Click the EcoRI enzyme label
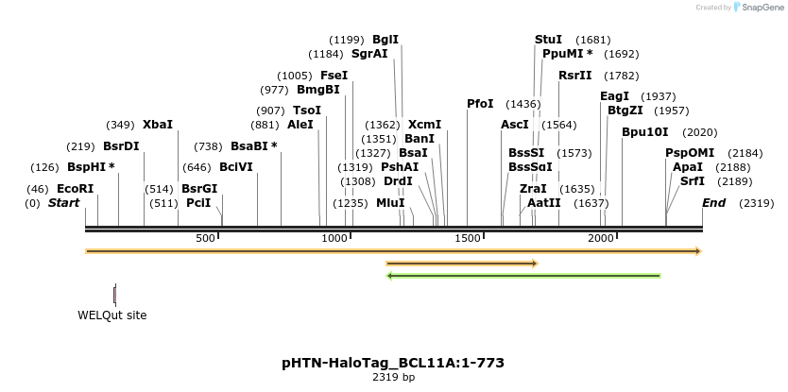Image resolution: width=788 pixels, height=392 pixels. (76, 189)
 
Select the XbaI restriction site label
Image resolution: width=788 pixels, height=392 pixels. (158, 124)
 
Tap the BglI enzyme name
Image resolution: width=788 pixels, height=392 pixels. (385, 40)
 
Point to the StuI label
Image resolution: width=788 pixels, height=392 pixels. (548, 40)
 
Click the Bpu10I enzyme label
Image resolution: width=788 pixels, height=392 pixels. (644, 132)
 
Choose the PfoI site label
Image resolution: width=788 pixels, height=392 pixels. (480, 103)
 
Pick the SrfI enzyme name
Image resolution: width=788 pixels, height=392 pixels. (693, 181)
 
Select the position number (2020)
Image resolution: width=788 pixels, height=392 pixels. (699, 132)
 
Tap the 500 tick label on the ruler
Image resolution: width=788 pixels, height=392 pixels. (206, 239)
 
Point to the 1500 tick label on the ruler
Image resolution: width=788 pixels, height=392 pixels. (469, 239)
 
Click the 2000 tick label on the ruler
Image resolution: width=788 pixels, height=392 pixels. (602, 239)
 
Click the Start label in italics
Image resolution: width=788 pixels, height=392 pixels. (63, 203)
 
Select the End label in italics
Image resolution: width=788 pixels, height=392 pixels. (713, 203)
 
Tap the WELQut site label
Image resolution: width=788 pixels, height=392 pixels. (111, 315)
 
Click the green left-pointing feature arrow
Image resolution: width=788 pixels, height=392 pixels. (523, 276)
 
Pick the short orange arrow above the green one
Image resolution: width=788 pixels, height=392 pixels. (462, 264)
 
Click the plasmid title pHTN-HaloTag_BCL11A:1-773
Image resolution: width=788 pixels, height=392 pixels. (393, 363)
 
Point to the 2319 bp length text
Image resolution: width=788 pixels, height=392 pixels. (393, 378)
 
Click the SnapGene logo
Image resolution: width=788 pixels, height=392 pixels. (761, 8)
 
